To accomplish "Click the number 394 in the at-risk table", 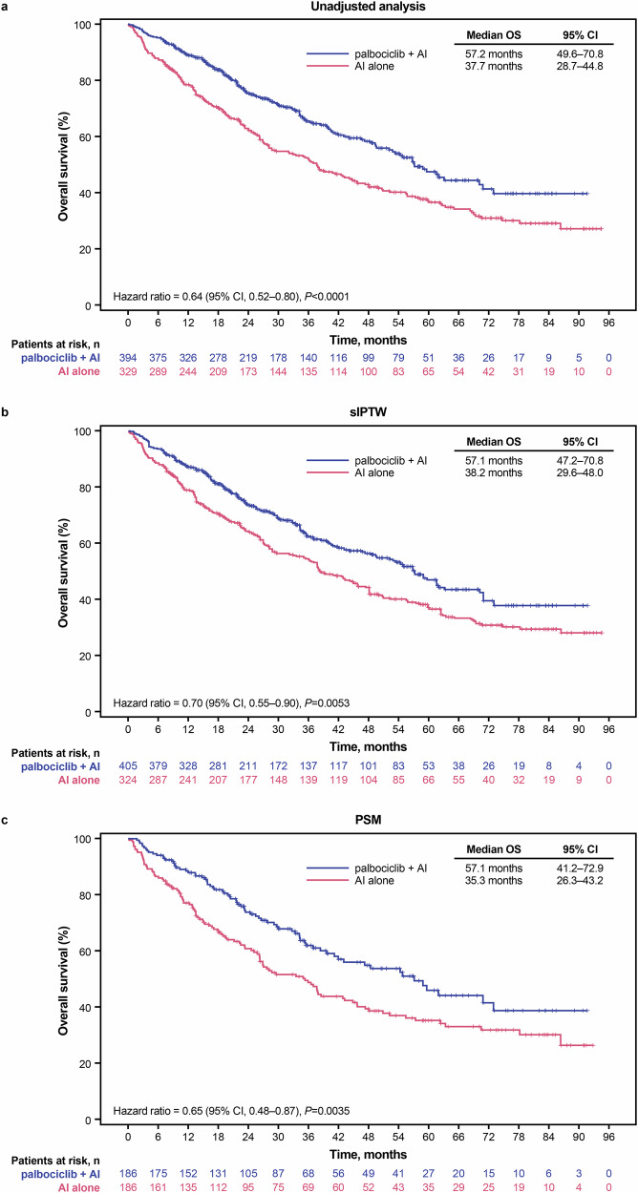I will (128, 355).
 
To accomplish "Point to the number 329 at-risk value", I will (128, 369).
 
